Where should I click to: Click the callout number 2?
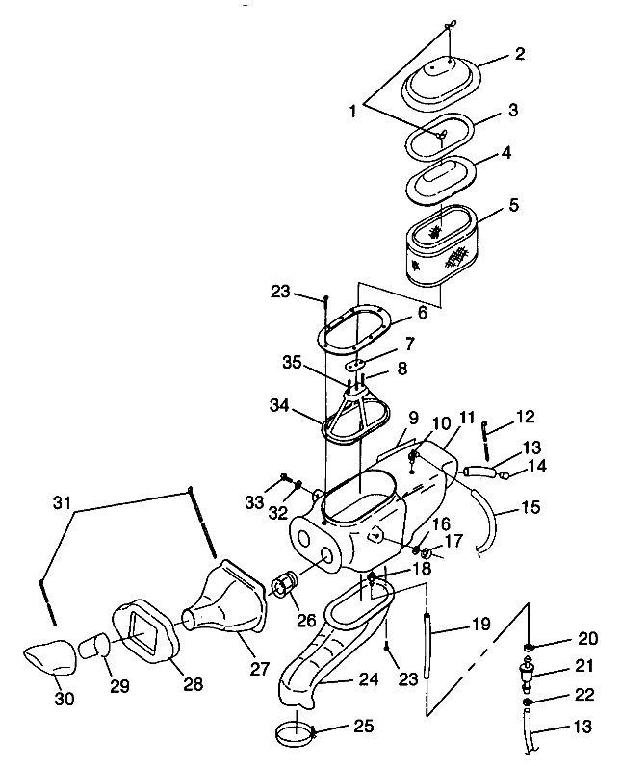pyautogui.click(x=519, y=53)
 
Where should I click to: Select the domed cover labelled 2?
pyautogui.click(x=442, y=83)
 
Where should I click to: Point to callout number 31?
pyautogui.click(x=62, y=502)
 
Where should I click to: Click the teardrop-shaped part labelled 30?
pyautogui.click(x=50, y=657)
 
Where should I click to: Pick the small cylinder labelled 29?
pyautogui.click(x=93, y=646)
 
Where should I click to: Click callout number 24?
pyautogui.click(x=368, y=678)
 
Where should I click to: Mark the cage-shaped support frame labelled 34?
pyautogui.click(x=355, y=416)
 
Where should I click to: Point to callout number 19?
pyautogui.click(x=480, y=624)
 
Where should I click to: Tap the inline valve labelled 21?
pyautogui.click(x=527, y=675)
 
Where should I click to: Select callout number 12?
pyautogui.click(x=525, y=417)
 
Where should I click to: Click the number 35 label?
pyautogui.click(x=292, y=363)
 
